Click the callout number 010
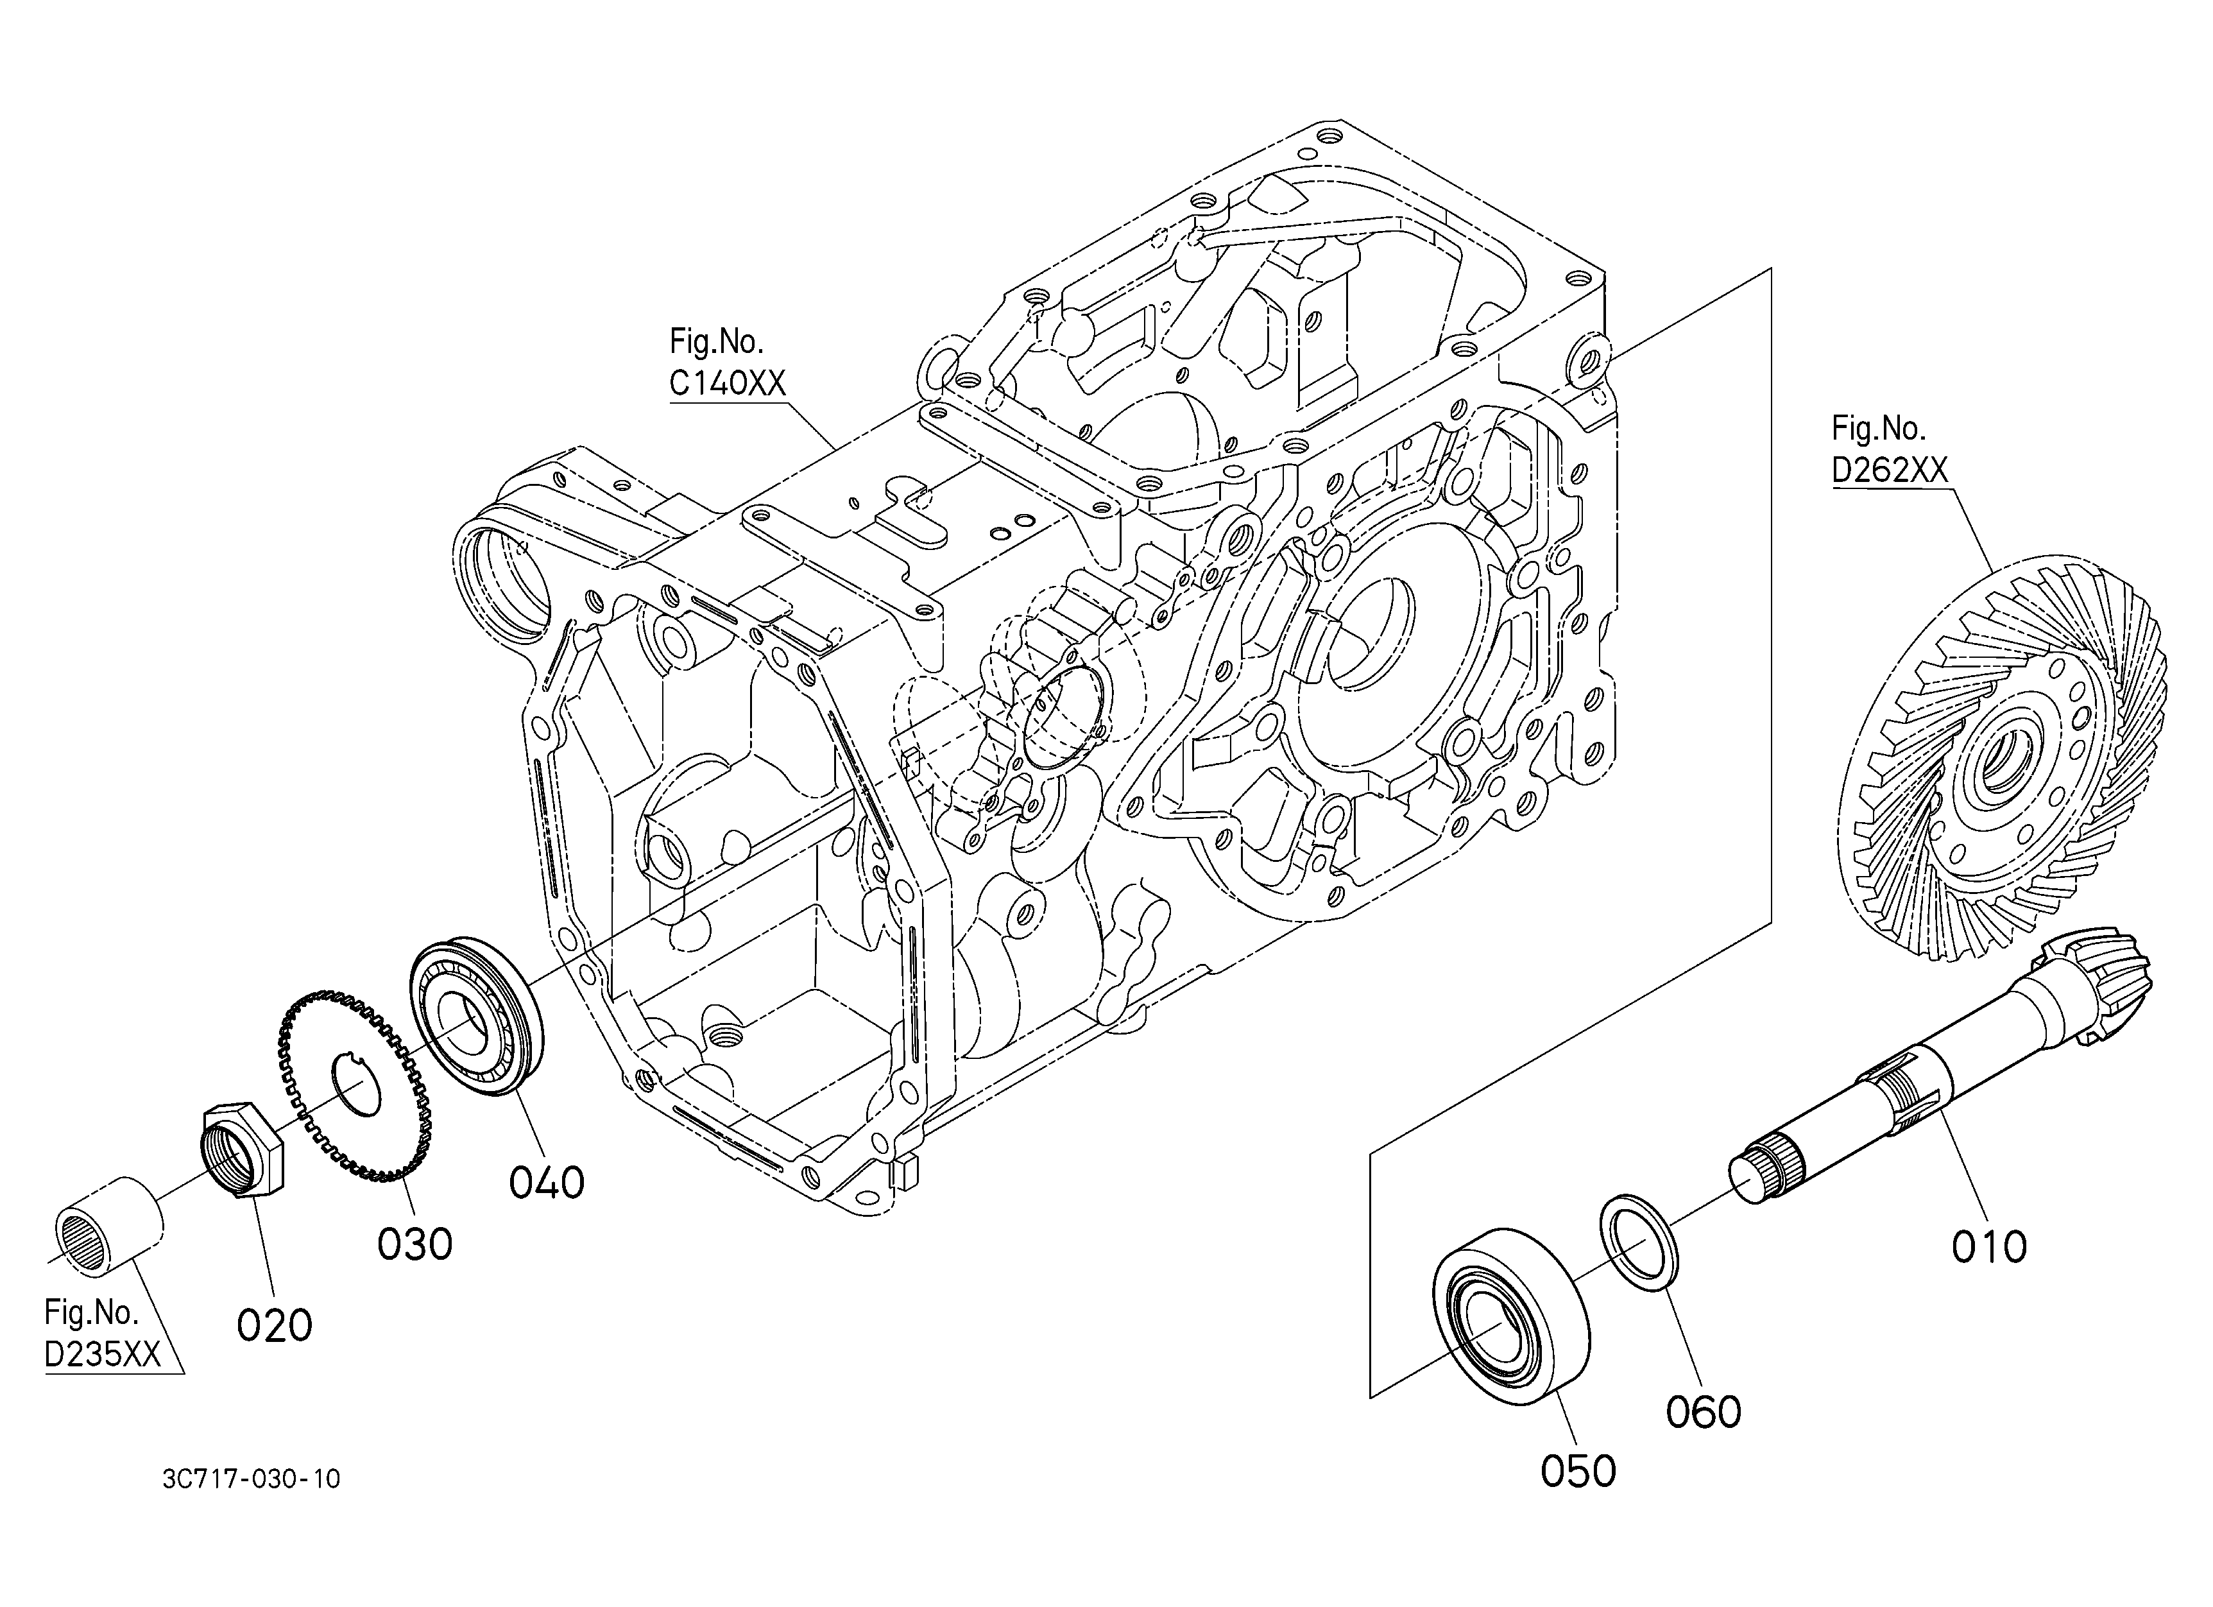coord(1988,1247)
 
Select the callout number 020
coord(274,1325)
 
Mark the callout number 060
coord(1703,1412)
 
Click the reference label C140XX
coord(727,383)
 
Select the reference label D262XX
coord(1889,470)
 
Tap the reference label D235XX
coord(103,1355)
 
